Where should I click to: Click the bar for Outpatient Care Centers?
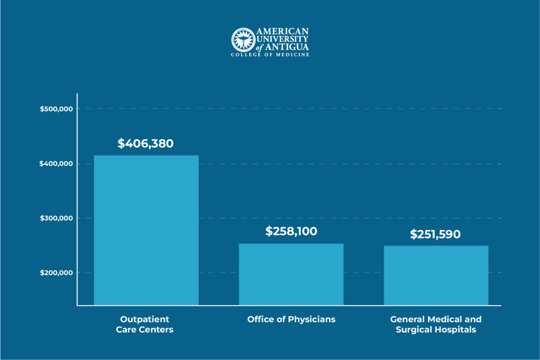tap(146, 230)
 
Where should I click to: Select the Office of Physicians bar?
tap(291, 274)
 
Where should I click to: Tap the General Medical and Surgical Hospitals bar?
tap(436, 275)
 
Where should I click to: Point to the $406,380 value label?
tap(146, 143)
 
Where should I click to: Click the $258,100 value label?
tap(291, 231)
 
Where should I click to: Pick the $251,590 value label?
tap(435, 235)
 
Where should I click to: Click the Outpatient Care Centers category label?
tap(146, 325)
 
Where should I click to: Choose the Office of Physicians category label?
tap(291, 319)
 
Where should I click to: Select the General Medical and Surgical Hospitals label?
tap(436, 325)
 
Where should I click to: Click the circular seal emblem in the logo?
tap(243, 40)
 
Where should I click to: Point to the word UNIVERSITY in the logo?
tap(283, 39)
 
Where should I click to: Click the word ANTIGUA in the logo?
tap(290, 47)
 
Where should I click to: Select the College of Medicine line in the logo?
tap(270, 55)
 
